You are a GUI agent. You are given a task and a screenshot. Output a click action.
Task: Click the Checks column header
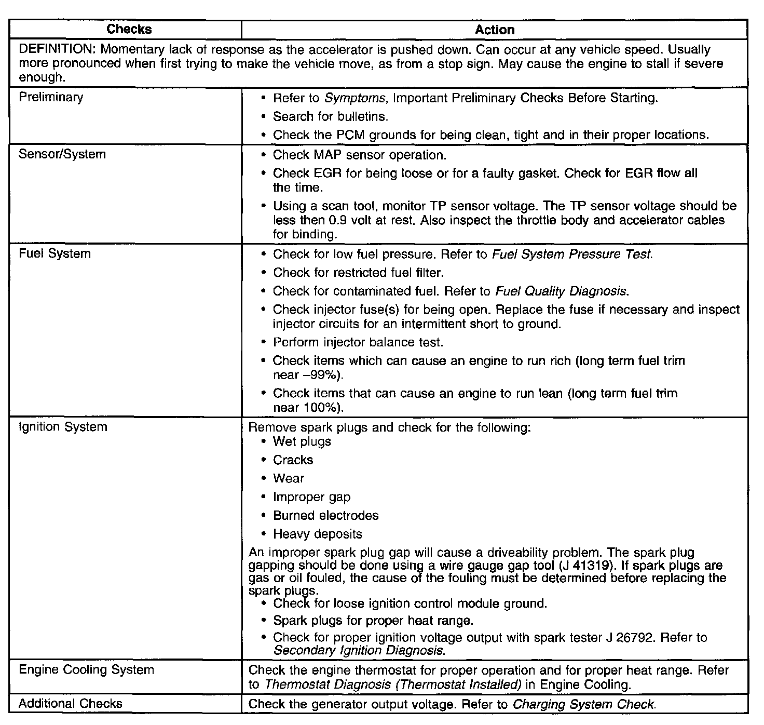click(x=129, y=29)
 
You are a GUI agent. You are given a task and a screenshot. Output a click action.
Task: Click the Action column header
click(x=494, y=30)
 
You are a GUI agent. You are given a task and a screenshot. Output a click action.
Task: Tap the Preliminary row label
click(x=51, y=97)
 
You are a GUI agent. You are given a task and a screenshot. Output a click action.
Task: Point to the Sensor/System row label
click(x=62, y=154)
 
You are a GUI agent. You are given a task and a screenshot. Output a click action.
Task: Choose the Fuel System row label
click(x=54, y=254)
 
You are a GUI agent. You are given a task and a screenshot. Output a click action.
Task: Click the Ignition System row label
click(x=63, y=427)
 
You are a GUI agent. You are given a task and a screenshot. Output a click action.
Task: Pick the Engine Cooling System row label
click(x=86, y=669)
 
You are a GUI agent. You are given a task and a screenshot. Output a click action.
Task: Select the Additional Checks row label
click(x=71, y=704)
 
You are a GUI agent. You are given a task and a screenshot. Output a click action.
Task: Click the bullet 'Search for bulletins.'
click(x=331, y=116)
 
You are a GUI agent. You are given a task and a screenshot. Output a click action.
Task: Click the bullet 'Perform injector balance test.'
click(x=358, y=342)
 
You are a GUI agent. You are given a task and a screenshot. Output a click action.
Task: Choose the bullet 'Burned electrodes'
click(x=326, y=516)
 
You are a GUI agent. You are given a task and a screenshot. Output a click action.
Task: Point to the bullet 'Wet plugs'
click(x=302, y=441)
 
